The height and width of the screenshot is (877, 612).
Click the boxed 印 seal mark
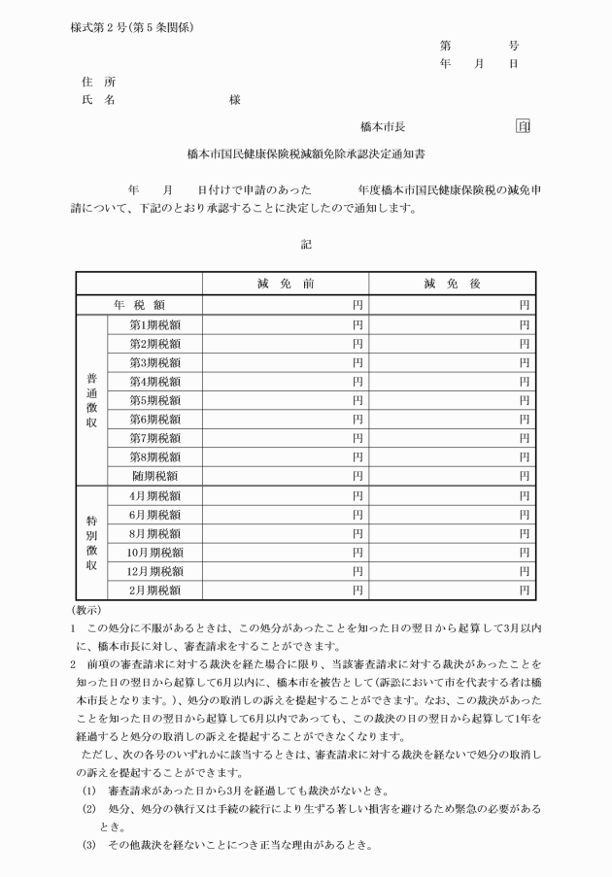click(x=523, y=126)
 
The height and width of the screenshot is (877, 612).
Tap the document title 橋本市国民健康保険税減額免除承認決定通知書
click(x=306, y=153)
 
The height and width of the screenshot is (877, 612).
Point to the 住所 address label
click(x=99, y=82)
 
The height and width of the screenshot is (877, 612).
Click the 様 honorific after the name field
click(x=234, y=100)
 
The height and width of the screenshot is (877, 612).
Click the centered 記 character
click(x=306, y=244)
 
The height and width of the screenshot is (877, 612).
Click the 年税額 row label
click(x=141, y=305)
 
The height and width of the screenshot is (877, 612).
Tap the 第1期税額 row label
click(x=155, y=324)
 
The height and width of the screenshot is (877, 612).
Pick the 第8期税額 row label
click(x=155, y=456)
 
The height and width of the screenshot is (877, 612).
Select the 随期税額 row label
click(x=155, y=476)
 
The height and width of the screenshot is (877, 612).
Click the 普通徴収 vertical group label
click(x=91, y=400)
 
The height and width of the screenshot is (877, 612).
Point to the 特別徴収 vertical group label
click(x=91, y=542)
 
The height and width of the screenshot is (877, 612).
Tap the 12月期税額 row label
click(x=155, y=571)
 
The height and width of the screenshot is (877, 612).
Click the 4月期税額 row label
click(x=155, y=495)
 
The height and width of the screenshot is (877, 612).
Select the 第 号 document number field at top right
click(x=480, y=45)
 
